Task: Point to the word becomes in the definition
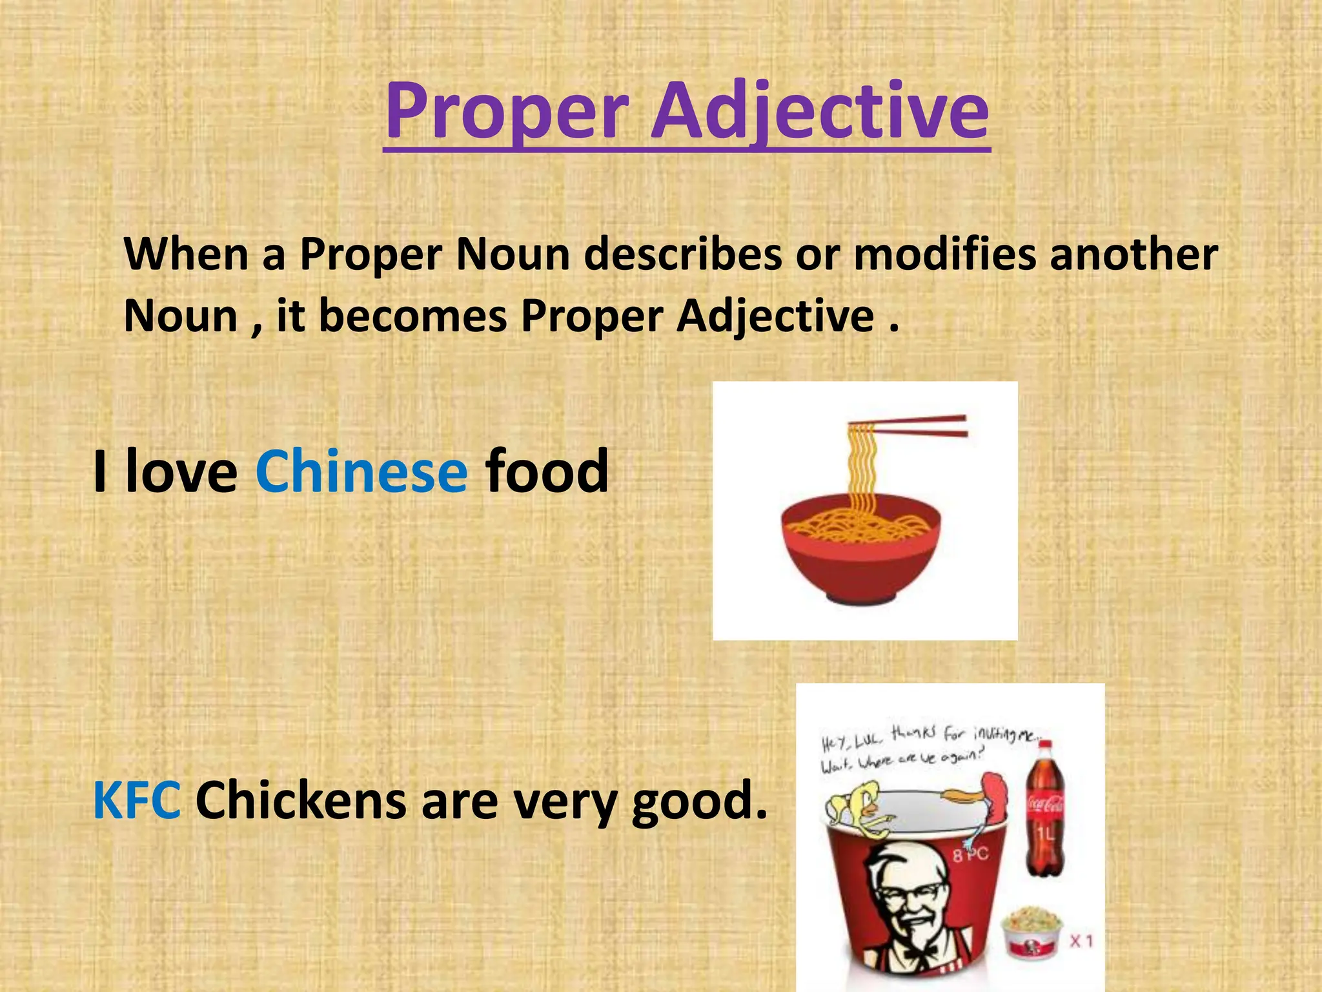tap(412, 316)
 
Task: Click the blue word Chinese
tap(361, 471)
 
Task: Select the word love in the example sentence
tap(181, 471)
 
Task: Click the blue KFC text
tap(137, 801)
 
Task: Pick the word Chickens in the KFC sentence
tap(301, 801)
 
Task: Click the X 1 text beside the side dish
tap(1082, 941)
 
